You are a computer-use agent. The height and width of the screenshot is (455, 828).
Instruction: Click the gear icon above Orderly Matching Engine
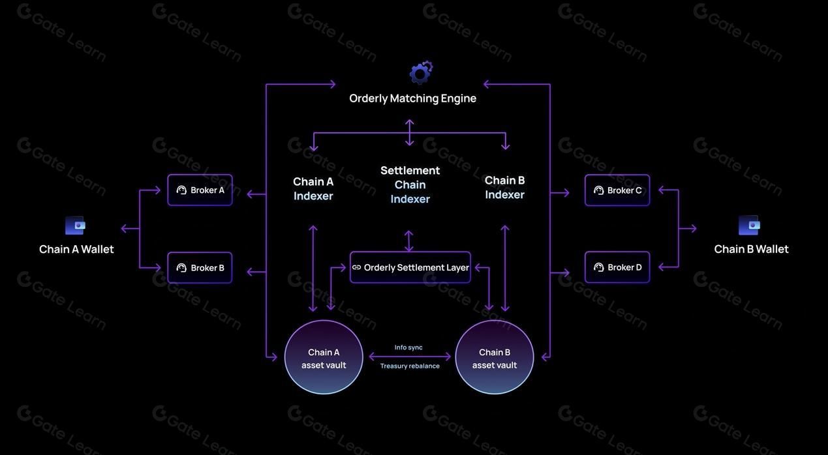click(x=421, y=72)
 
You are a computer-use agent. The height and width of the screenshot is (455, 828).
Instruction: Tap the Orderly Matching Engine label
click(x=412, y=98)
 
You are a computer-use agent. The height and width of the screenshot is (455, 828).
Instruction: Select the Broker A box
click(x=200, y=190)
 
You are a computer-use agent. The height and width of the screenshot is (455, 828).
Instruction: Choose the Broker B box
click(x=200, y=268)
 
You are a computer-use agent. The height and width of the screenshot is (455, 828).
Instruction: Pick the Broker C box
click(x=617, y=190)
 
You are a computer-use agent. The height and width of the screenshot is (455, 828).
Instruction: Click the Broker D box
click(x=617, y=267)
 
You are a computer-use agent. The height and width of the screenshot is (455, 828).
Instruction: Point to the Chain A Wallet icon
click(x=76, y=226)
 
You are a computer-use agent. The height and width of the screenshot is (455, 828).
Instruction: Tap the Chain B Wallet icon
click(x=750, y=226)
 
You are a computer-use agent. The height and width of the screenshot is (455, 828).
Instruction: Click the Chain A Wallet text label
click(x=76, y=249)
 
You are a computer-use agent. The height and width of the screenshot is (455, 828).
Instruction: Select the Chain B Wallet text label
click(x=751, y=249)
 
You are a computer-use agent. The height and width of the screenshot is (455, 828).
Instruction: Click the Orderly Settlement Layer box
click(x=410, y=267)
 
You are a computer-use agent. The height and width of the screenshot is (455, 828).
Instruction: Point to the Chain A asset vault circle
click(x=324, y=357)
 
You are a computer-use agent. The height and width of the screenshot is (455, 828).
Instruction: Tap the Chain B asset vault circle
click(x=495, y=357)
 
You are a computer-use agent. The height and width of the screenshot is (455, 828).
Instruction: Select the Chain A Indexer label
click(x=313, y=188)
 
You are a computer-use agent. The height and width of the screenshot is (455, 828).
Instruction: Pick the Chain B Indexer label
click(x=504, y=187)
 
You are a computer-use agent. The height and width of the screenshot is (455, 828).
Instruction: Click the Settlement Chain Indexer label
click(x=410, y=184)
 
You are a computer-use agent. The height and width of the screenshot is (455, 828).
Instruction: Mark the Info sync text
click(x=408, y=347)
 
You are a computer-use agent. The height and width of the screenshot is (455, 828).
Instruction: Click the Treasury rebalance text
click(x=410, y=366)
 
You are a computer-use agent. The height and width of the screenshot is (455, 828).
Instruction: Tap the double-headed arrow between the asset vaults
click(x=410, y=357)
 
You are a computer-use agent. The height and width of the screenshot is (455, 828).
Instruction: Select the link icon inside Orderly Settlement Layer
click(x=356, y=267)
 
